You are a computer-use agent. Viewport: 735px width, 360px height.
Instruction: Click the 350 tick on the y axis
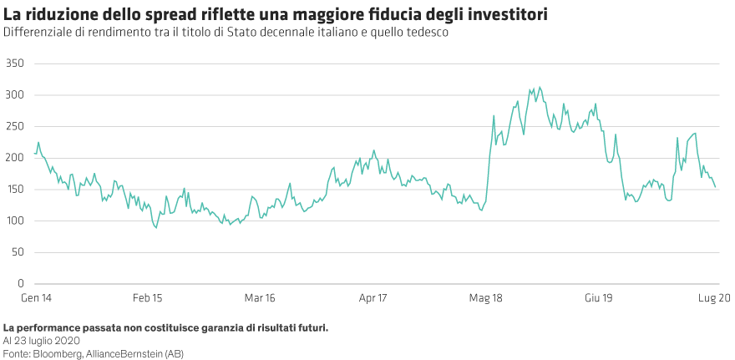coord(13,63)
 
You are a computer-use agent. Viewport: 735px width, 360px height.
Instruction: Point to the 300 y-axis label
coord(13,95)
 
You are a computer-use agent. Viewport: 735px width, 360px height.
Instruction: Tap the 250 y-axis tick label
coord(13,126)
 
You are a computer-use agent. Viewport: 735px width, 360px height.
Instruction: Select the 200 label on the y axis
coord(13,158)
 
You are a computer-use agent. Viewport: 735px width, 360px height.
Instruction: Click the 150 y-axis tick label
coord(13,190)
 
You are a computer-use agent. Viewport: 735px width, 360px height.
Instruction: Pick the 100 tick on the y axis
coord(13,221)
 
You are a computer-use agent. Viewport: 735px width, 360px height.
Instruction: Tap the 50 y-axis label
coord(16,252)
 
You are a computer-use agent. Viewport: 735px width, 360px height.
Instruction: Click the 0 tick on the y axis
coord(19,284)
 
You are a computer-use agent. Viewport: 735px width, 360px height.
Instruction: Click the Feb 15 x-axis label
coord(147,297)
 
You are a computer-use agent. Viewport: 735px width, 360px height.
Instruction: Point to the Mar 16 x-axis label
coord(259,297)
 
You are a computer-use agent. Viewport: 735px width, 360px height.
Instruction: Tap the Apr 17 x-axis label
coord(373,297)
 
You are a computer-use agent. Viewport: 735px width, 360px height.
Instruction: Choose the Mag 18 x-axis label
coord(485,297)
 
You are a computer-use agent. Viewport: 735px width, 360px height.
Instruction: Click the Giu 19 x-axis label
coord(599,297)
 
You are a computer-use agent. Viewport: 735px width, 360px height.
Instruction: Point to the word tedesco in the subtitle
coord(428,32)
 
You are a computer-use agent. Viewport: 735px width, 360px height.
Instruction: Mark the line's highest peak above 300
coord(540,86)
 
